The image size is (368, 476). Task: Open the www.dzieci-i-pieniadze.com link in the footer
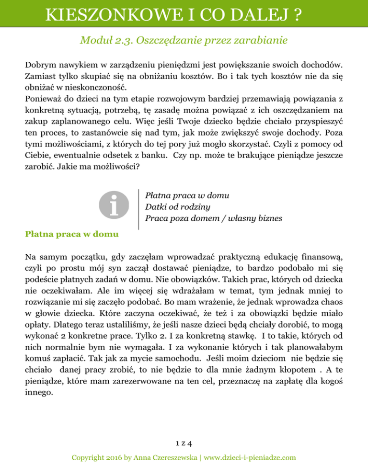pyautogui.click(x=250, y=458)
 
